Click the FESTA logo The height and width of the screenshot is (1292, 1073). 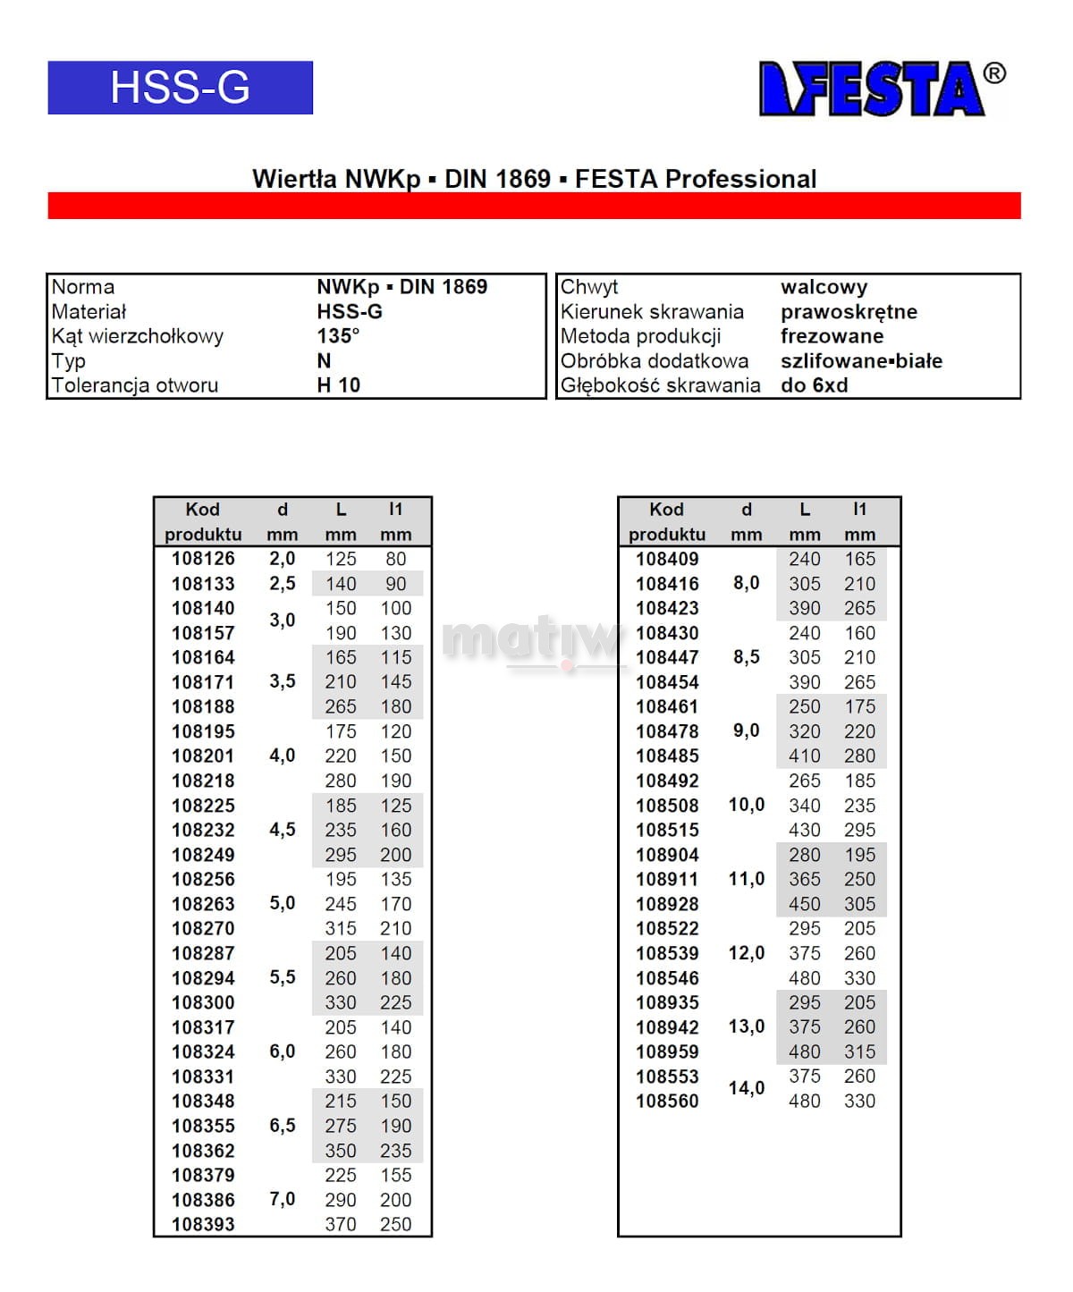tap(872, 89)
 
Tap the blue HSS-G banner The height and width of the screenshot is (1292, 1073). tap(180, 88)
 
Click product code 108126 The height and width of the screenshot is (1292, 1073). tap(203, 559)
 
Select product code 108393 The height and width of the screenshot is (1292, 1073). tap(203, 1224)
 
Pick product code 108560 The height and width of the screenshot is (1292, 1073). tap(667, 1101)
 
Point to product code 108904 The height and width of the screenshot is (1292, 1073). tap(667, 855)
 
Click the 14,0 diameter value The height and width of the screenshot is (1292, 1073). tap(747, 1088)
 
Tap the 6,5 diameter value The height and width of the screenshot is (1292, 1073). tap(283, 1126)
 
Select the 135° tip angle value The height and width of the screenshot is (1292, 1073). tap(338, 336)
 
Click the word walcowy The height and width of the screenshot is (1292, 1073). tap(824, 287)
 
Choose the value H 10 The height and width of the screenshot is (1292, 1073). tap(338, 385)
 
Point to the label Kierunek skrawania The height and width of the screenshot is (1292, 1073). tap(652, 312)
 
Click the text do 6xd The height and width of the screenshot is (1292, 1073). tap(814, 385)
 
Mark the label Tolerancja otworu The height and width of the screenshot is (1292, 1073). tap(135, 385)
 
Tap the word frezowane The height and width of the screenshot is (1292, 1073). tap(832, 336)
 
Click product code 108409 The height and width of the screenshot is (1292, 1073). tap(667, 559)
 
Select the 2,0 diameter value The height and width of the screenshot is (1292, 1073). tap(283, 559)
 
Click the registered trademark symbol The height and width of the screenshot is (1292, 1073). tap(994, 73)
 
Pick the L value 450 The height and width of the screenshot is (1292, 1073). tap(805, 904)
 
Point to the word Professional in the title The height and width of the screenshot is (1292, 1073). tap(740, 179)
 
